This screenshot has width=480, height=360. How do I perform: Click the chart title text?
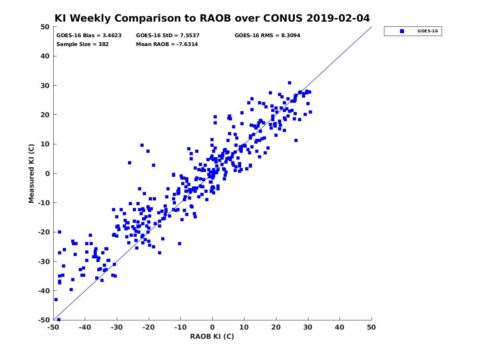(x=212, y=18)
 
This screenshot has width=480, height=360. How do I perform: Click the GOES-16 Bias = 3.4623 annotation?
(x=89, y=36)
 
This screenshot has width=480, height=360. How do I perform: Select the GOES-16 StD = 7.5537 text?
(x=168, y=36)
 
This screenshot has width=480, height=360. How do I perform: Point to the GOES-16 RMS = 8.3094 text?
(x=267, y=36)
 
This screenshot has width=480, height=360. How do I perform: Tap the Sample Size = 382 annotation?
(x=82, y=44)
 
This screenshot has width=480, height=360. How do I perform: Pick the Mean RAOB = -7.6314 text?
(x=167, y=44)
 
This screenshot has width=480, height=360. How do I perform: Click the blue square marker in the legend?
(x=402, y=31)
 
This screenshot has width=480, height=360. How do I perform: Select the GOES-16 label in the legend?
(x=428, y=31)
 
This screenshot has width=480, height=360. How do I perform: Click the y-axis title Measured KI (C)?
(x=31, y=173)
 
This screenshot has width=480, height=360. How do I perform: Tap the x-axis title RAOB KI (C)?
(x=212, y=336)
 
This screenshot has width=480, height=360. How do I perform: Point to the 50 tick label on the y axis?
(x=45, y=27)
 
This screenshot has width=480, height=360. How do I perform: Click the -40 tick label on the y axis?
(x=44, y=291)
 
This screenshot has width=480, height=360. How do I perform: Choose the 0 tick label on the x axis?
(x=212, y=327)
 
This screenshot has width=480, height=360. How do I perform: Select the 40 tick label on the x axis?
(x=340, y=327)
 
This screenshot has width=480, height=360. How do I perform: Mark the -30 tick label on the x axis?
(x=117, y=327)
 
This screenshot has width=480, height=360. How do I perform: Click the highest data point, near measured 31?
(x=290, y=83)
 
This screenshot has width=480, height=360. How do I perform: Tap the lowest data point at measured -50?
(x=59, y=320)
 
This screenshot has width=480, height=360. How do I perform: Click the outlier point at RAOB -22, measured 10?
(x=142, y=145)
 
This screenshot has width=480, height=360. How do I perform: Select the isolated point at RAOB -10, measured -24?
(x=180, y=244)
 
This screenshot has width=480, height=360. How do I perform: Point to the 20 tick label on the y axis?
(x=45, y=115)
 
